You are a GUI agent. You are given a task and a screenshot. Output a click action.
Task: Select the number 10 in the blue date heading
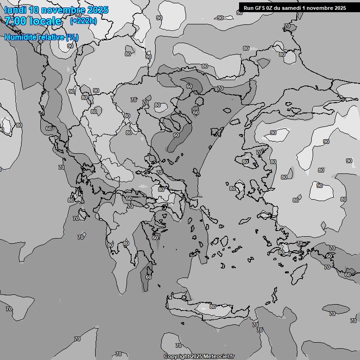pos(34,10)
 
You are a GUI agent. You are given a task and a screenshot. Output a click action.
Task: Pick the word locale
pos(47,21)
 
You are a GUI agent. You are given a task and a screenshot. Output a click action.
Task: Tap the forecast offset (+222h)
pos(83,21)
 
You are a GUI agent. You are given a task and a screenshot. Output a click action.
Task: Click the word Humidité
pos(19,37)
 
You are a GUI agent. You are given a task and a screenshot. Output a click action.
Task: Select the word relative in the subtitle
pos(50,37)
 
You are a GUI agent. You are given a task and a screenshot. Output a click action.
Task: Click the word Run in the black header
pos(249,8)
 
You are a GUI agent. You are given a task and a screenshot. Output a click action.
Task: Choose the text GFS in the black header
pos(260,8)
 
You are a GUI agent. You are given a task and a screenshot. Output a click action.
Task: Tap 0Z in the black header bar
pos(270,8)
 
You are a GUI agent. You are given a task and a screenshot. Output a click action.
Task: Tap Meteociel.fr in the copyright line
pos(220,357)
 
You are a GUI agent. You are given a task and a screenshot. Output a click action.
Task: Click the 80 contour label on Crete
pos(213,307)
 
